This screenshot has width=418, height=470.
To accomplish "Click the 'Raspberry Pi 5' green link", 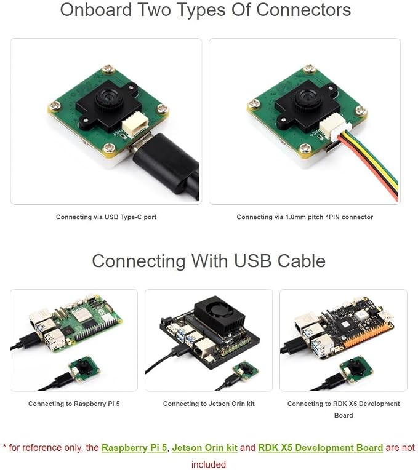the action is pyautogui.click(x=134, y=447).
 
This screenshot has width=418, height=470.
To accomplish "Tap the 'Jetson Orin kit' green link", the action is pyautogui.click(x=205, y=447).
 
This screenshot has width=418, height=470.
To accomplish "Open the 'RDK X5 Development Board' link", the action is pyautogui.click(x=321, y=447).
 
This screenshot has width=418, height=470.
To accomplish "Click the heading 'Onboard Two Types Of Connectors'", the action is pyautogui.click(x=206, y=10).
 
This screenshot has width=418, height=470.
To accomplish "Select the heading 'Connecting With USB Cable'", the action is pyautogui.click(x=209, y=261).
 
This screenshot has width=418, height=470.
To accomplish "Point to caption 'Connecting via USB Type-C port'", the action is pyautogui.click(x=106, y=217).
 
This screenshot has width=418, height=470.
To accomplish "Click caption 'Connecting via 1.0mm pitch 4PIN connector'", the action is pyautogui.click(x=305, y=217).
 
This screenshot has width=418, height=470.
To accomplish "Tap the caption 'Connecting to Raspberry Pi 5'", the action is pyautogui.click(x=74, y=404).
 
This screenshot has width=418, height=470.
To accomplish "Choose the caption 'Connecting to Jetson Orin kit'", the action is pyautogui.click(x=209, y=404).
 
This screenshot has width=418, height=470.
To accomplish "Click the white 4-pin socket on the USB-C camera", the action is pyautogui.click(x=135, y=126).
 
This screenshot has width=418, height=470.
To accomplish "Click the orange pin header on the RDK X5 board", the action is pyautogui.click(x=368, y=335).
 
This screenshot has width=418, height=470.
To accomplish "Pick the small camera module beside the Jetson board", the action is pyautogui.click(x=246, y=371).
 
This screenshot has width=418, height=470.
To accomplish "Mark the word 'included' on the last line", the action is pyautogui.click(x=209, y=464).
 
